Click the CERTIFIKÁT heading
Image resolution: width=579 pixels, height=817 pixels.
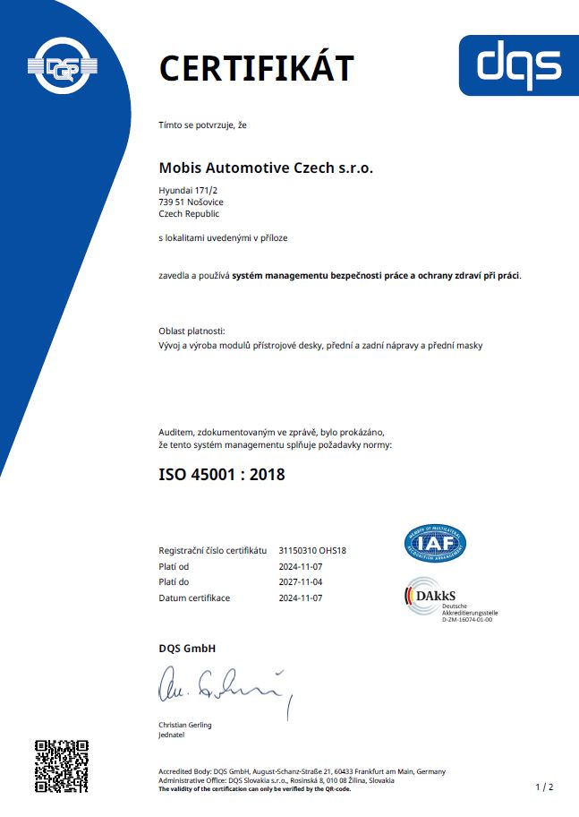pyautogui.click(x=256, y=67)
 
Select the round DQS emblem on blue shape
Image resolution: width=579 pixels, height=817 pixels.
pyautogui.click(x=63, y=64)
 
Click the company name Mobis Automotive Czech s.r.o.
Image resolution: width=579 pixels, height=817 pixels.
pyautogui.click(x=266, y=168)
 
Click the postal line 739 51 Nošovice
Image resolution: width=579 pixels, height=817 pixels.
pyautogui.click(x=191, y=202)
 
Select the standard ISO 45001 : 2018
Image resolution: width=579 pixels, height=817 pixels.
pyautogui.click(x=222, y=474)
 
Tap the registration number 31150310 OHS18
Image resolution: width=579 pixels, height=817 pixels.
pyautogui.click(x=312, y=550)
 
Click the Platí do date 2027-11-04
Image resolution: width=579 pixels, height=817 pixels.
pyautogui.click(x=301, y=581)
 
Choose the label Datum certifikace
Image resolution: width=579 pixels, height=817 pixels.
pyautogui.click(x=194, y=598)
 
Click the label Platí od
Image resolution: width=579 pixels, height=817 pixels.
pyautogui.click(x=174, y=566)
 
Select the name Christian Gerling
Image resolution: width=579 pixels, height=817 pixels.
pyautogui.click(x=185, y=725)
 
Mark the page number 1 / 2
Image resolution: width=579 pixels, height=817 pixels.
pyautogui.click(x=544, y=787)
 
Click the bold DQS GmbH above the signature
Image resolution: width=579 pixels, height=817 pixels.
pyautogui.click(x=187, y=648)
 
